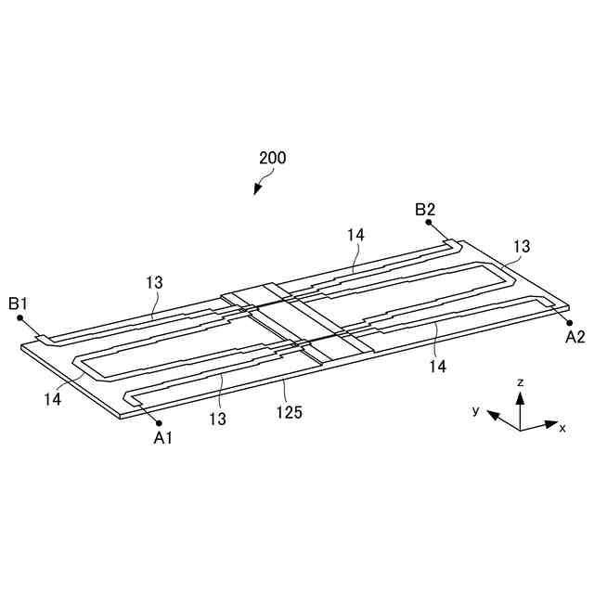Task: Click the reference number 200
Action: click(x=273, y=158)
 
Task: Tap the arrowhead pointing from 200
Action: click(x=257, y=192)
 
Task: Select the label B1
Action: click(x=19, y=303)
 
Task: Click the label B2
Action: click(x=425, y=210)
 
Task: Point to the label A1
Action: click(x=163, y=438)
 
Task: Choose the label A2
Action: click(x=575, y=337)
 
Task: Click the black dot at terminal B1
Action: click(x=19, y=317)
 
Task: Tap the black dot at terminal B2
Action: click(x=432, y=226)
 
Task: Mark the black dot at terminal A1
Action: click(x=161, y=422)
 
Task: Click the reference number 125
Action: click(x=290, y=412)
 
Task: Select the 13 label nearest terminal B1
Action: click(x=155, y=280)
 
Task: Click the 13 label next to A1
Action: click(x=217, y=420)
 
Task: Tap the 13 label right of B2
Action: click(x=522, y=246)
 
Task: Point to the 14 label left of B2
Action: click(x=356, y=236)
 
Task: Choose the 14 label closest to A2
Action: click(x=437, y=368)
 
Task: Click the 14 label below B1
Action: click(x=52, y=398)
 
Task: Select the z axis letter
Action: click(x=522, y=381)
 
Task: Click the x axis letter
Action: click(x=562, y=427)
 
